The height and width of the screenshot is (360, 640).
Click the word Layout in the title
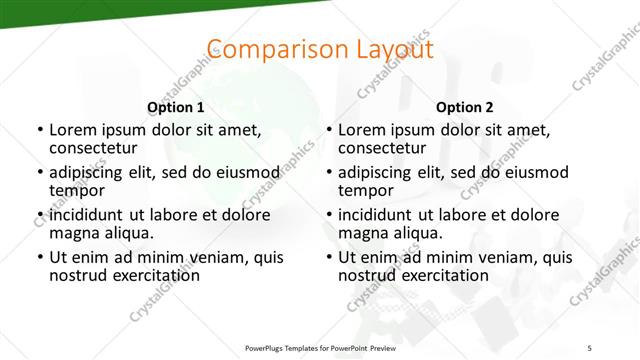click(386, 49)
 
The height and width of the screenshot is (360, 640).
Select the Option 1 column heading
click(176, 107)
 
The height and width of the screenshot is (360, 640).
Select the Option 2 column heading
click(465, 107)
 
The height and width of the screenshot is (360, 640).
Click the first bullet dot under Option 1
click(39, 131)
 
